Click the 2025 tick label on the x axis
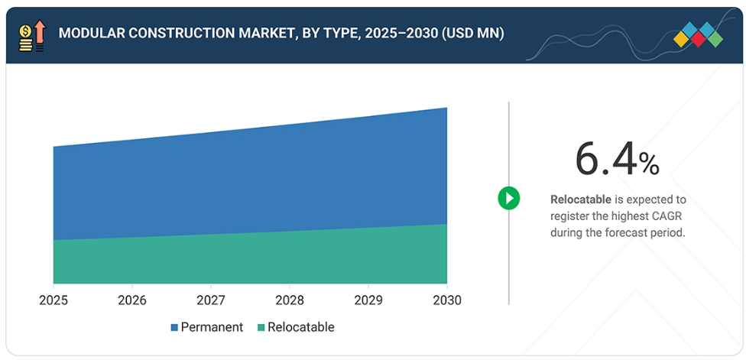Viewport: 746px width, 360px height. [x=54, y=300]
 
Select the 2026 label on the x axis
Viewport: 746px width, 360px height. [x=132, y=300]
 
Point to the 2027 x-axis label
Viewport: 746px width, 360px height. [x=211, y=300]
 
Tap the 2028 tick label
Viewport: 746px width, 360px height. [x=290, y=300]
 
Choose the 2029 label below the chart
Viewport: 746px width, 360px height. [x=368, y=300]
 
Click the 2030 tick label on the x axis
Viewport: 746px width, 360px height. [x=447, y=300]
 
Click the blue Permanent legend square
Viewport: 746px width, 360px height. [x=174, y=328]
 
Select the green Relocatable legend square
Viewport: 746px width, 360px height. [x=261, y=328]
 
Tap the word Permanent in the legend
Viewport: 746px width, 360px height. [x=212, y=327]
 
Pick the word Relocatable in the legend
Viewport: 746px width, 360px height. [x=301, y=327]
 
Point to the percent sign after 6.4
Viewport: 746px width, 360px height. [x=649, y=164]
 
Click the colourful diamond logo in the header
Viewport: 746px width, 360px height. [x=698, y=34]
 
